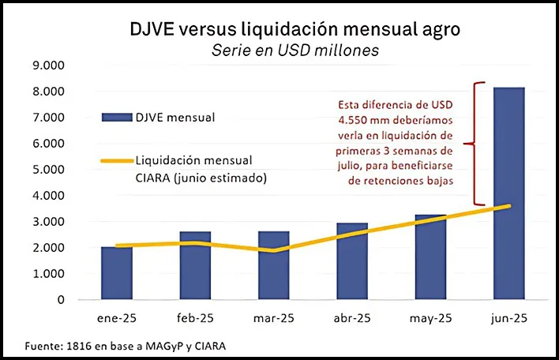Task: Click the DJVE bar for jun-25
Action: [509, 193]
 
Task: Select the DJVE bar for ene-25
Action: [117, 273]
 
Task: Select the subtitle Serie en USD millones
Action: [295, 50]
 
